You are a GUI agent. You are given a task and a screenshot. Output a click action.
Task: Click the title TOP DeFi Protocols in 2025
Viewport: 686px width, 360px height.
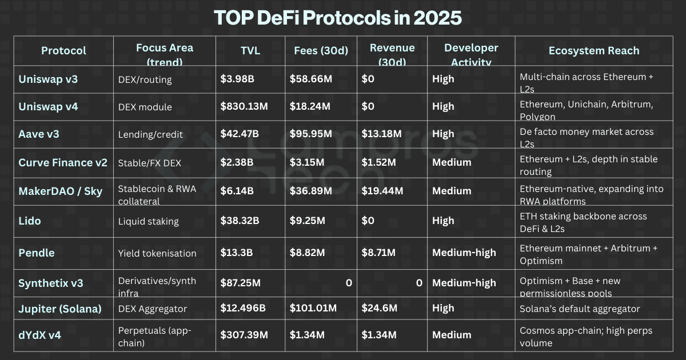coord(338,18)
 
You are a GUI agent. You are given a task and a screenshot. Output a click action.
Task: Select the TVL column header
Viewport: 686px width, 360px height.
coord(250,51)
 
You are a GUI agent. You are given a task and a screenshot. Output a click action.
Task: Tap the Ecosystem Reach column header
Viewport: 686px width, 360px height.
coord(593,51)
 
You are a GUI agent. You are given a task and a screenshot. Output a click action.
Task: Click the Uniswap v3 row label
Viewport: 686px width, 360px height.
coord(48,79)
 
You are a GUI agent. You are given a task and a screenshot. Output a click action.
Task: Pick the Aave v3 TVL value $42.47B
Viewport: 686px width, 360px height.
coord(240,134)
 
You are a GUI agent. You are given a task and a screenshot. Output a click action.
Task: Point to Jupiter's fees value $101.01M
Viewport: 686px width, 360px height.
coord(313,309)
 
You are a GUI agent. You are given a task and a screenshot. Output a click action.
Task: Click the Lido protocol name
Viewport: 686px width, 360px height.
coord(30,221)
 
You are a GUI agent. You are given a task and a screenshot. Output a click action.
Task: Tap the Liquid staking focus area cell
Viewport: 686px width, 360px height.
coord(148,221)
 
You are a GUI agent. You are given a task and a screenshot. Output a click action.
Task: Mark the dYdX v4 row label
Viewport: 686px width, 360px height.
coord(39,335)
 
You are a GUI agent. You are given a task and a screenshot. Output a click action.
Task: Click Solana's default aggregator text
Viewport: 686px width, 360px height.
coord(580,309)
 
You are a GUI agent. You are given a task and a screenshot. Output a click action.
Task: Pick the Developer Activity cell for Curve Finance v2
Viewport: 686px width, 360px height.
coord(452,162)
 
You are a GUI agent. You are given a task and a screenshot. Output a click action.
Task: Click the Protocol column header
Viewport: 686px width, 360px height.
coord(63,51)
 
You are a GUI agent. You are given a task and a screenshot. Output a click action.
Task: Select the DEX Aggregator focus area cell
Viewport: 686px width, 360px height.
coord(153,309)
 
